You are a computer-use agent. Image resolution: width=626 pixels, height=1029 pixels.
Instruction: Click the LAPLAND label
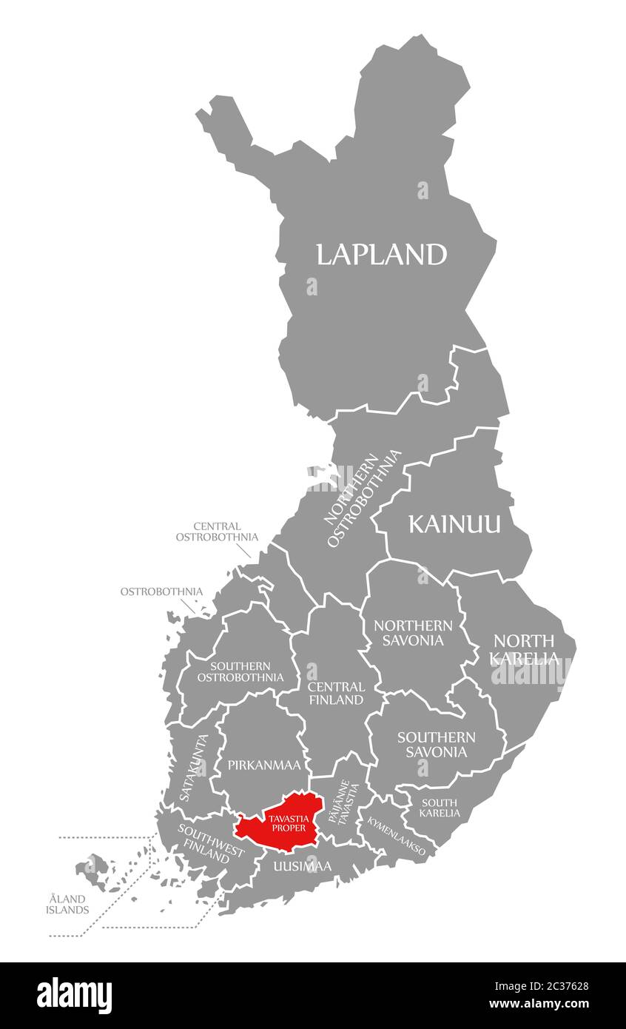pos(381,255)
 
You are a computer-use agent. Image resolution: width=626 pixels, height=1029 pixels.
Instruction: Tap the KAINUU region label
pos(454,525)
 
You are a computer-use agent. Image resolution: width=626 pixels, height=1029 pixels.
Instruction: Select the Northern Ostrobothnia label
pos(363,498)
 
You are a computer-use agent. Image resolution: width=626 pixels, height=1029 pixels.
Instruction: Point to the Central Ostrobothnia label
pos(217,532)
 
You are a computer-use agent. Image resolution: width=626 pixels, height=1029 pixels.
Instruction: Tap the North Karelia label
pos(525,649)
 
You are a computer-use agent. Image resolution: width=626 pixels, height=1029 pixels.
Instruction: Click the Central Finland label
pos(336,693)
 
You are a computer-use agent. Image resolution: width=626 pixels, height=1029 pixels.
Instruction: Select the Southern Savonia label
pos(436,744)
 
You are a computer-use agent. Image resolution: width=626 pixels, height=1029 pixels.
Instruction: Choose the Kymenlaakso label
pos(397,837)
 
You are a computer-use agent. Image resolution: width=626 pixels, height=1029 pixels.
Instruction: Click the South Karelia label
pos(440,808)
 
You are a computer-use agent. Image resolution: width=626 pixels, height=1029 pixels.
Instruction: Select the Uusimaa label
pos(302,866)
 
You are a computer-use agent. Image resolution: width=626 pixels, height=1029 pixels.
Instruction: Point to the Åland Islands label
pos(69,904)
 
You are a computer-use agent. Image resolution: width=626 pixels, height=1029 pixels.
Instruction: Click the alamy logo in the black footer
pos(74,995)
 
